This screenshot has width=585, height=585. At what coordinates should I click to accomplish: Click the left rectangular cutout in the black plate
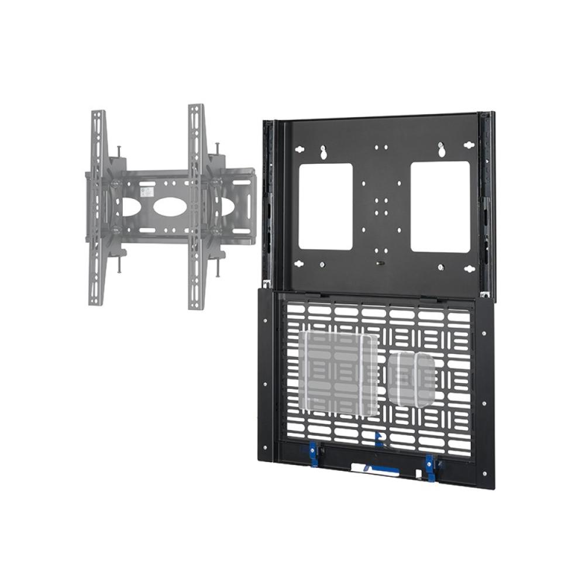coord(325,206)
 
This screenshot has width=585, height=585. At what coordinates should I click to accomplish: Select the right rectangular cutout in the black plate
coord(440,207)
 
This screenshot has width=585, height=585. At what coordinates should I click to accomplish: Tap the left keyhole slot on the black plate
coord(322,153)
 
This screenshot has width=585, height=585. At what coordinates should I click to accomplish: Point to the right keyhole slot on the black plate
coord(443,150)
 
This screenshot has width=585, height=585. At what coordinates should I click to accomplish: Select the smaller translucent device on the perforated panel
coord(412,380)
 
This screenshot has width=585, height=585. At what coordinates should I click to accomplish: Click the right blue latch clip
coord(431,467)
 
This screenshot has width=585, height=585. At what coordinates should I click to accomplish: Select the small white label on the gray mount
coord(149,190)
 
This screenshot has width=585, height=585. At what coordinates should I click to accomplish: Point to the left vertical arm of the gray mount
coord(98,207)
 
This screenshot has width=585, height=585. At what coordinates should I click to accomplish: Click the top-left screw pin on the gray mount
coord(119,150)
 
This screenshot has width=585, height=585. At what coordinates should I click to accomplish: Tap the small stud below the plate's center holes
coord(381,263)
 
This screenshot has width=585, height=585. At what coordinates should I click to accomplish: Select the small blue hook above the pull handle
coord(377,435)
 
